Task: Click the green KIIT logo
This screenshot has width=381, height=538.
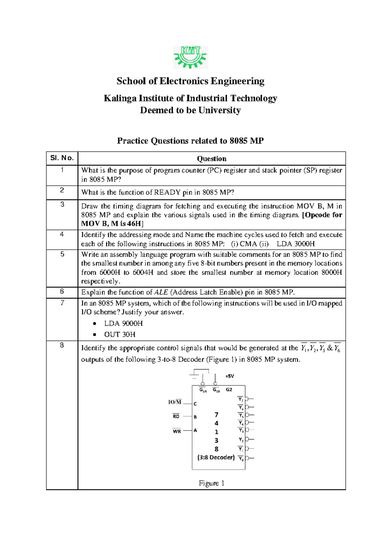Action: click(190, 57)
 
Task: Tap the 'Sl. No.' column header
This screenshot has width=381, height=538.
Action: click(62, 158)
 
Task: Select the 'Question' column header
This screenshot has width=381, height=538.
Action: click(211, 159)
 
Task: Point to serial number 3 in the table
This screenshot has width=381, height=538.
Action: click(62, 204)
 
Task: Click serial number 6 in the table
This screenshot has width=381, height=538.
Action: click(62, 291)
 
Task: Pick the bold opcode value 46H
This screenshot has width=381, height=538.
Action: click(134, 224)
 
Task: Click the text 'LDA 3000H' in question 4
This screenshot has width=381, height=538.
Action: click(296, 244)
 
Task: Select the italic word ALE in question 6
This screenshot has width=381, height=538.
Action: click(161, 292)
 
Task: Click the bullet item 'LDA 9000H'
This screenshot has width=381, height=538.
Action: click(123, 323)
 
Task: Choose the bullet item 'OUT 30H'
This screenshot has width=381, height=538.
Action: click(120, 334)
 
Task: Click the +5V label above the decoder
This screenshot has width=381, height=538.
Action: click(230, 376)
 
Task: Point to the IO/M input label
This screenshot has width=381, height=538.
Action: click(175, 402)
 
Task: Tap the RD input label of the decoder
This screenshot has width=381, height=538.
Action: click(176, 416)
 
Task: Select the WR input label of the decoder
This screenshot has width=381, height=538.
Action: click(177, 431)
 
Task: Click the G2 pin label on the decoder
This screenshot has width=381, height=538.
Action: click(229, 390)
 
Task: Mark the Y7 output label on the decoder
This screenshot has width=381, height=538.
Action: click(241, 399)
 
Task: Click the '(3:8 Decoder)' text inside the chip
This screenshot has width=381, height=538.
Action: click(216, 457)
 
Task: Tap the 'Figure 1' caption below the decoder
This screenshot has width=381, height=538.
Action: click(211, 483)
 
